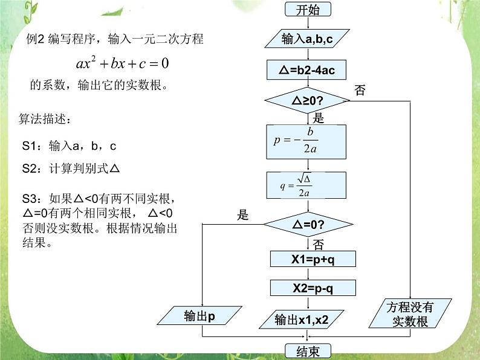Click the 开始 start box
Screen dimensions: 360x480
pyautogui.click(x=308, y=10)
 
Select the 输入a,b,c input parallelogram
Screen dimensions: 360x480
pyautogui.click(x=308, y=40)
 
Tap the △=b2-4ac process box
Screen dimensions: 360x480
pyautogui.click(x=308, y=70)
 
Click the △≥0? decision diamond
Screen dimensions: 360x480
pyautogui.click(x=308, y=101)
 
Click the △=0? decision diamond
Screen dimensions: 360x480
pyautogui.click(x=308, y=225)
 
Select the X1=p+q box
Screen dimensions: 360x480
pyautogui.click(x=313, y=259)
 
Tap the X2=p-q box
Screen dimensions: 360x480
pyautogui.click(x=313, y=288)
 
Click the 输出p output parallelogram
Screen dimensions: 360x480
pyautogui.click(x=200, y=315)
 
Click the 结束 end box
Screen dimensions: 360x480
pyautogui.click(x=308, y=351)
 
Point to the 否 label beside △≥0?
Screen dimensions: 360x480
pyautogui.click(x=360, y=91)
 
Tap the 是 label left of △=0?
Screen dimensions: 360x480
pyautogui.click(x=243, y=214)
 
